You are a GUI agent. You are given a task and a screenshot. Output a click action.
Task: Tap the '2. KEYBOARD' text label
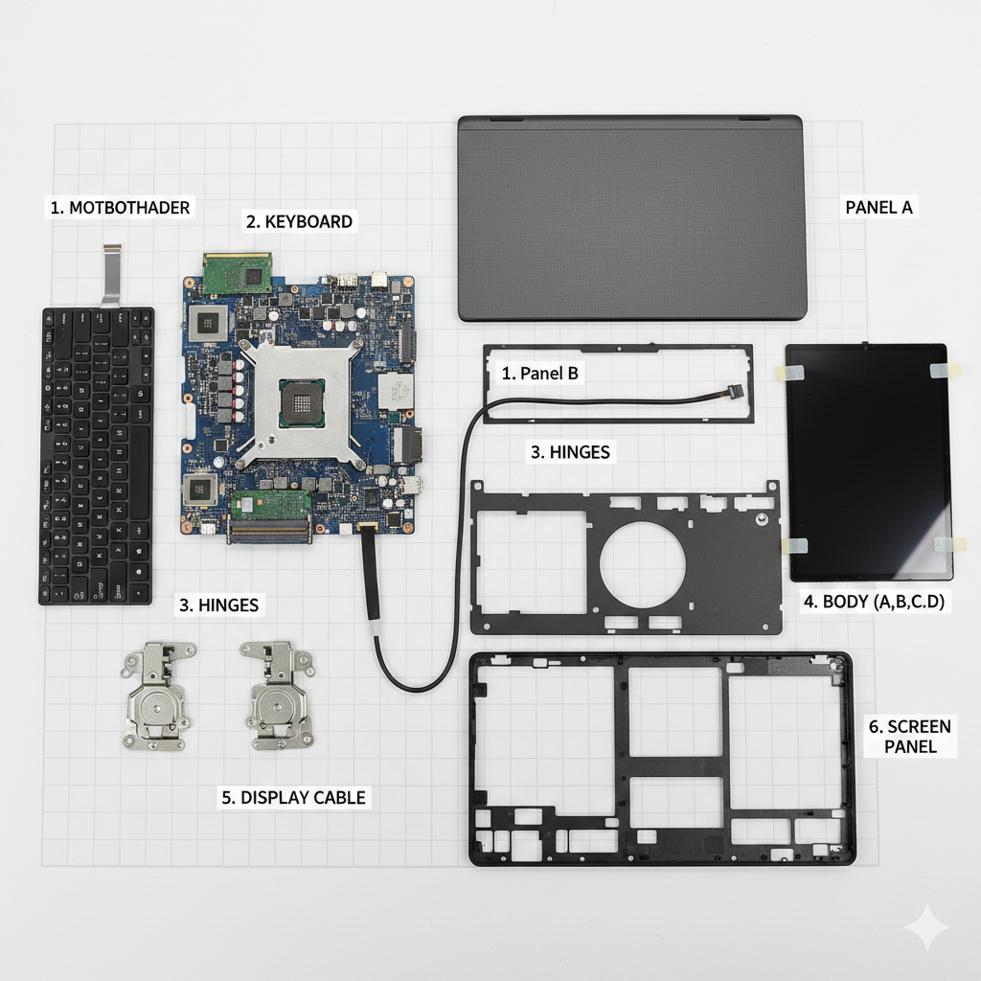[x=299, y=221]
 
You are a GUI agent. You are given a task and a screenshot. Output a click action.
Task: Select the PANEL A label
[x=878, y=207]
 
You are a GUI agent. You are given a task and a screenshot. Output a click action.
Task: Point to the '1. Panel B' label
[x=539, y=374]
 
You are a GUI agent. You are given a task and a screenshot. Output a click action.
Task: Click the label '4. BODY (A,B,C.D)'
[x=874, y=602]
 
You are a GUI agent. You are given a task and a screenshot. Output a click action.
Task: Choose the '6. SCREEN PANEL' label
[x=910, y=737]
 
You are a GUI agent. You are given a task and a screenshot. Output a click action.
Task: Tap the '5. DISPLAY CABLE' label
[x=293, y=798]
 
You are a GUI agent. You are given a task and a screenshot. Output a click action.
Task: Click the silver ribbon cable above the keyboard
[x=111, y=275]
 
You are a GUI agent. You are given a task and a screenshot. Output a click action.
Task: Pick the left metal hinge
[x=157, y=696]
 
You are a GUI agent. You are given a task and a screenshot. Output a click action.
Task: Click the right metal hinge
[x=277, y=695]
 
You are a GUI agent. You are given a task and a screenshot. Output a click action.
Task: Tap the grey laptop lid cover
[x=632, y=217]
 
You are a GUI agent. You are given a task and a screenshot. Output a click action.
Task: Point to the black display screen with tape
[x=868, y=462]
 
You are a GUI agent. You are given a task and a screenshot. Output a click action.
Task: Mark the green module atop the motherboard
[x=238, y=273]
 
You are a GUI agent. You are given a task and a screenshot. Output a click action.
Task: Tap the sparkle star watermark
[x=927, y=927]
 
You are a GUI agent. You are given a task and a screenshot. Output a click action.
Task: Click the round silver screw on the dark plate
[x=762, y=518]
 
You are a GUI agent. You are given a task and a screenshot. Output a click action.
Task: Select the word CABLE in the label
[x=340, y=798]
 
